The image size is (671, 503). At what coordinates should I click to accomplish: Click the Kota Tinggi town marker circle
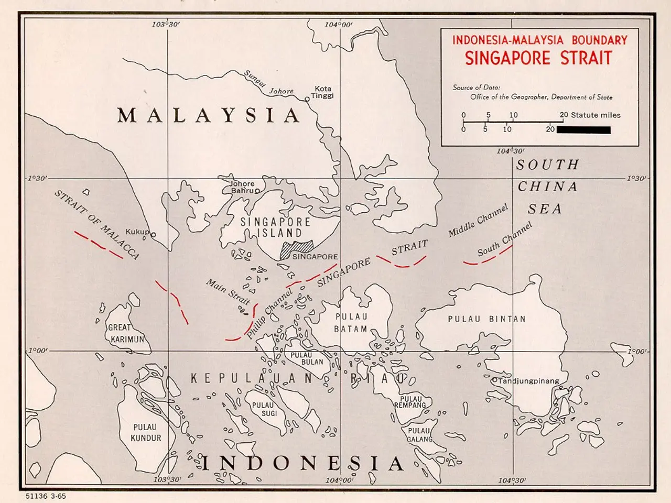(x=307, y=99)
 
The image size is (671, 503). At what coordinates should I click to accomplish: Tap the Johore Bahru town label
(x=242, y=187)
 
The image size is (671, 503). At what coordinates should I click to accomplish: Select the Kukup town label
(x=137, y=232)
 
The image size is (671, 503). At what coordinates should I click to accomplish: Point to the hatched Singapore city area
(x=296, y=249)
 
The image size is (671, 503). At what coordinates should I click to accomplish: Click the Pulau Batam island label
(x=351, y=323)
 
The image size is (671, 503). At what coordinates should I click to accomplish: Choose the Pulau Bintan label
(x=486, y=319)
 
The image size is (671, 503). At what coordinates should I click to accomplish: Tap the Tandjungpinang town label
(x=528, y=381)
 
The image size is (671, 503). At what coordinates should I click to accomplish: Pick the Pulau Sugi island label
(x=264, y=409)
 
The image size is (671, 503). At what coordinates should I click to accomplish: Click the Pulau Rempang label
(x=410, y=402)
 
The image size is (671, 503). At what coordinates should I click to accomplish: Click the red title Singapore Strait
(x=538, y=58)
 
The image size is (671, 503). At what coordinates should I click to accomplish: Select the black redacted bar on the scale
(x=583, y=129)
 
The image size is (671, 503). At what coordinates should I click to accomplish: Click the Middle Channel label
(x=478, y=220)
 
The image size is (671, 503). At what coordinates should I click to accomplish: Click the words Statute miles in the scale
(x=595, y=115)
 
